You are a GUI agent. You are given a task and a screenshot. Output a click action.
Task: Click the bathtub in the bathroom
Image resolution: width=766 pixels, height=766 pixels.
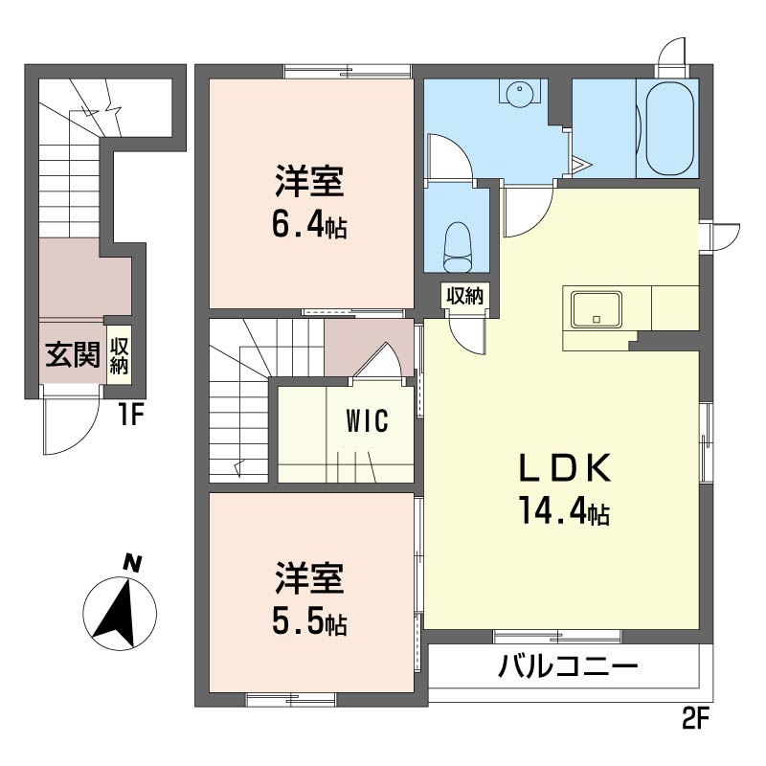(668, 128)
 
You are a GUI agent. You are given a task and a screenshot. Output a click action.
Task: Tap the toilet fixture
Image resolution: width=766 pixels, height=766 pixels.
(458, 247)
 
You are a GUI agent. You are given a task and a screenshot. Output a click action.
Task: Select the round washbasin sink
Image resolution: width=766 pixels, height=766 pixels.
(519, 93)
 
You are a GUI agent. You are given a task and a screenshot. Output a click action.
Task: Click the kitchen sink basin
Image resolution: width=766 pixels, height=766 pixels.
(597, 309)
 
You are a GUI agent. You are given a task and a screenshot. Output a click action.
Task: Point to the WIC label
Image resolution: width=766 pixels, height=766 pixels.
(367, 420)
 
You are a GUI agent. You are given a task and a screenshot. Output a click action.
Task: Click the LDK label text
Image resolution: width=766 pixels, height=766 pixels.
(565, 468)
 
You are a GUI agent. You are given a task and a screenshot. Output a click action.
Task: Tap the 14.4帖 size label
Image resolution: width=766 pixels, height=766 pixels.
(564, 510)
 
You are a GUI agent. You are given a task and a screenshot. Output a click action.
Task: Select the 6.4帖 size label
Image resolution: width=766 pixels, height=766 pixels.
(309, 226)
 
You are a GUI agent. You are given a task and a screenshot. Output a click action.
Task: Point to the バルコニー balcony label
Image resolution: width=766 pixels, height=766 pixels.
(568, 666)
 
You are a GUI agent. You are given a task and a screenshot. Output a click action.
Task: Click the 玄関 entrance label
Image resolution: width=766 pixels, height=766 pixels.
(73, 353)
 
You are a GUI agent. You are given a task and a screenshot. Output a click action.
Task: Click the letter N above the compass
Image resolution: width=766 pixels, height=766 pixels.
(131, 563)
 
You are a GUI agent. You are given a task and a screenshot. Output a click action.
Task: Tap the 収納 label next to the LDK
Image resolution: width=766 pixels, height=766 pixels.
(464, 296)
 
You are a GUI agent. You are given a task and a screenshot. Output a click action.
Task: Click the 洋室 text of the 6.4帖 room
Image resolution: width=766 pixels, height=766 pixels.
(309, 182)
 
